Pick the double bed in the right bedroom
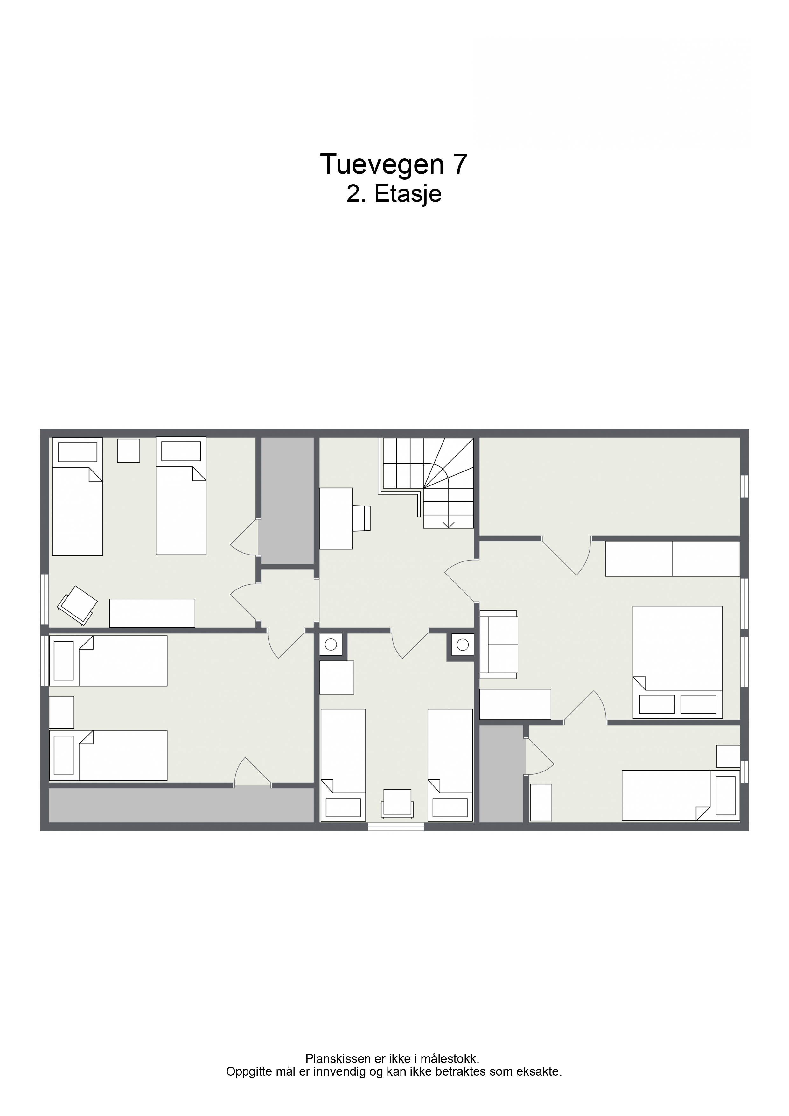point(677,662)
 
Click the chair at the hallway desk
point(362,518)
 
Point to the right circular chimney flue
point(463,645)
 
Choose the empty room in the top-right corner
point(610,486)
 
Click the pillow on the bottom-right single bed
point(726,795)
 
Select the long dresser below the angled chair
point(152,613)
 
